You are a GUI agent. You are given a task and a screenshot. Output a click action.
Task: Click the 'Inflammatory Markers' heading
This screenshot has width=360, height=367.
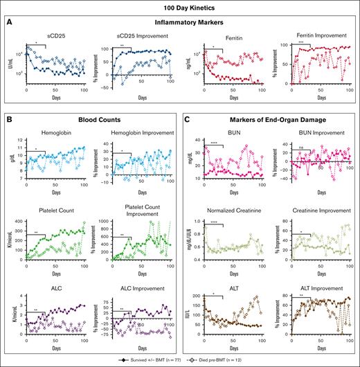[180, 22]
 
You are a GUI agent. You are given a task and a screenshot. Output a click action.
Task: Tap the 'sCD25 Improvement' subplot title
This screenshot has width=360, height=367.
[142, 35]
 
